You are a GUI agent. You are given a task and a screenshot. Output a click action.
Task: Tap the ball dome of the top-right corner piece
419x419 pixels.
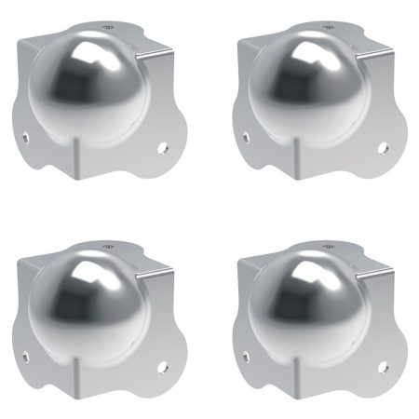click(299, 88)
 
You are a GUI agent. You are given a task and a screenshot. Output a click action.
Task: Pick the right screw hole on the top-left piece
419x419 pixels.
click(164, 147)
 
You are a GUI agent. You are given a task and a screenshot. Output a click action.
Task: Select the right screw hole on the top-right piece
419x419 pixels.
click(384, 147)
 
